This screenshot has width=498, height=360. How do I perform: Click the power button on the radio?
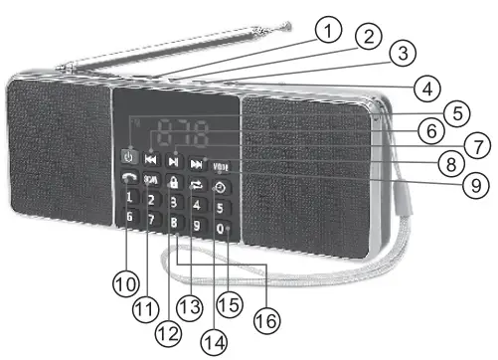[x=128, y=156]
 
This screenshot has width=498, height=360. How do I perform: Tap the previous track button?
[x=151, y=159]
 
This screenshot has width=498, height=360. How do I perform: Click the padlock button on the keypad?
[x=175, y=183]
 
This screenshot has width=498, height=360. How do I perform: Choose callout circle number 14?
[x=213, y=338]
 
